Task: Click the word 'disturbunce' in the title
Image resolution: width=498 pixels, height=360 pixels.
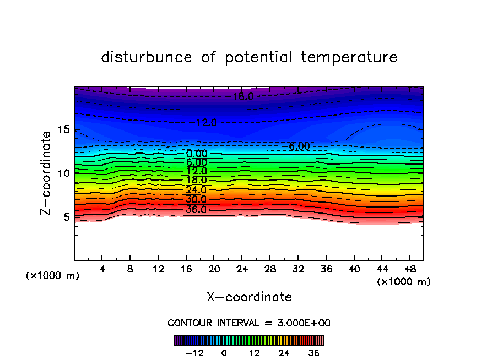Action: coord(147,57)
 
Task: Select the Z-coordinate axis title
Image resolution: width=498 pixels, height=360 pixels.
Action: coord(47,173)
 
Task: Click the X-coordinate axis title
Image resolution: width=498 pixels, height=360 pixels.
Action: coord(249,297)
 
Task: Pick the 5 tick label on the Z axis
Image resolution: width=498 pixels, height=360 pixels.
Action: coord(67,217)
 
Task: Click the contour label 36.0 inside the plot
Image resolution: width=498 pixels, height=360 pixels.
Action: coord(196,210)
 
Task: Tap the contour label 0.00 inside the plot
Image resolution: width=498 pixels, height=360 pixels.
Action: coord(197,154)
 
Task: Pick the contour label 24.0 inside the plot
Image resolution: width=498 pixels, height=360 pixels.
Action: coord(196,190)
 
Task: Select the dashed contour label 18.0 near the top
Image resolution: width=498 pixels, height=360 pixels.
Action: coord(242,96)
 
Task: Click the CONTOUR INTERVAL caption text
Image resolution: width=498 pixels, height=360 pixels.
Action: coord(249,323)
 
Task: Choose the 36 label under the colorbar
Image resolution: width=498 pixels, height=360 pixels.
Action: coord(314,353)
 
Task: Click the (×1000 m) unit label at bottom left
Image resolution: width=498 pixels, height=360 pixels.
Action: coord(53,276)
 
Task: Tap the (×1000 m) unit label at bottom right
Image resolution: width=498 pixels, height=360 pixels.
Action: coord(404,282)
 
